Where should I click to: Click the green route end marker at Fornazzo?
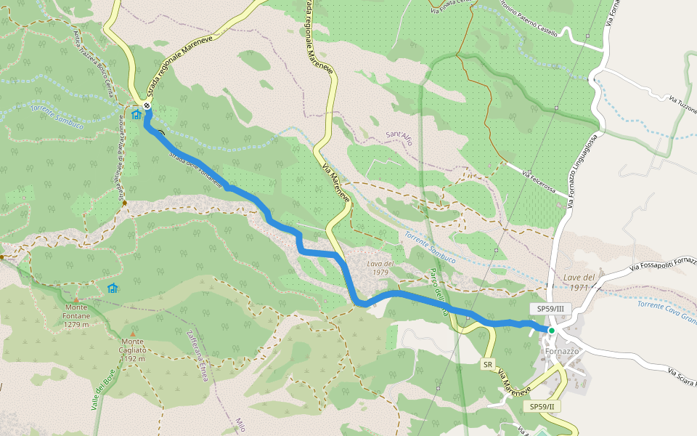point(551,331)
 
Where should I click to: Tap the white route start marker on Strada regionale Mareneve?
point(147,105)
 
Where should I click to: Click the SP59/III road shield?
point(550,309)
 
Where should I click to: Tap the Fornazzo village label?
point(562,351)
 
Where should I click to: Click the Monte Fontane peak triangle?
point(76,299)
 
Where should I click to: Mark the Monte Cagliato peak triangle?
point(133,334)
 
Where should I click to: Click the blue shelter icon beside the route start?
point(136,114)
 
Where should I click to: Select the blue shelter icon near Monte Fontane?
point(112,288)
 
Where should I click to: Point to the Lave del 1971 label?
point(579,283)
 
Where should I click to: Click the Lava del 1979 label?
point(380,267)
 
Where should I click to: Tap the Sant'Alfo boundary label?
point(399,138)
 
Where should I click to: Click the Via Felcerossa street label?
point(545,181)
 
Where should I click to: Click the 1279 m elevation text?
point(76,325)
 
